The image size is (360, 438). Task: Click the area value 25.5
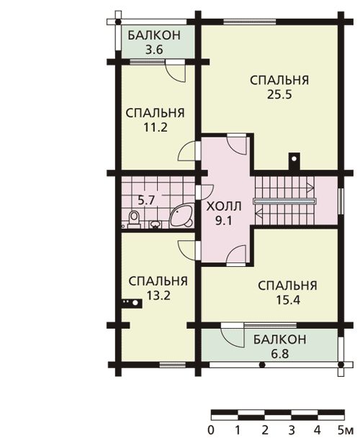pyautogui.click(x=279, y=95)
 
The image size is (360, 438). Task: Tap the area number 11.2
pyautogui.click(x=156, y=127)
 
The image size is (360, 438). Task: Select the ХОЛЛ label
pyautogui.click(x=224, y=206)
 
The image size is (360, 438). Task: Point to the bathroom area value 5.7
pyautogui.click(x=146, y=200)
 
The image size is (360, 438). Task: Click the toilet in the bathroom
pyautogui.click(x=134, y=219)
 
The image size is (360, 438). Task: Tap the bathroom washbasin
pyautogui.click(x=156, y=224)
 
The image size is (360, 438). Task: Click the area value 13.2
pyautogui.click(x=158, y=296)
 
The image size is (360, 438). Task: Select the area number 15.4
pyautogui.click(x=288, y=301)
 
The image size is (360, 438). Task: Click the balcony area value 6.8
pyautogui.click(x=280, y=354)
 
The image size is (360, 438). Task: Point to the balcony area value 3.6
pyautogui.click(x=154, y=50)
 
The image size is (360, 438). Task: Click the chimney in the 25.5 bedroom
pyautogui.click(x=294, y=161)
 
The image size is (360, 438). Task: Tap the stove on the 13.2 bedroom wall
pyautogui.click(x=132, y=303)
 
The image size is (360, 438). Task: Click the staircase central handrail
pyautogui.click(x=284, y=201)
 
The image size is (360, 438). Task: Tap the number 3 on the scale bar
pyautogui.click(x=292, y=429)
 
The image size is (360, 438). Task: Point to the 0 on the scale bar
pyautogui.click(x=211, y=429)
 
